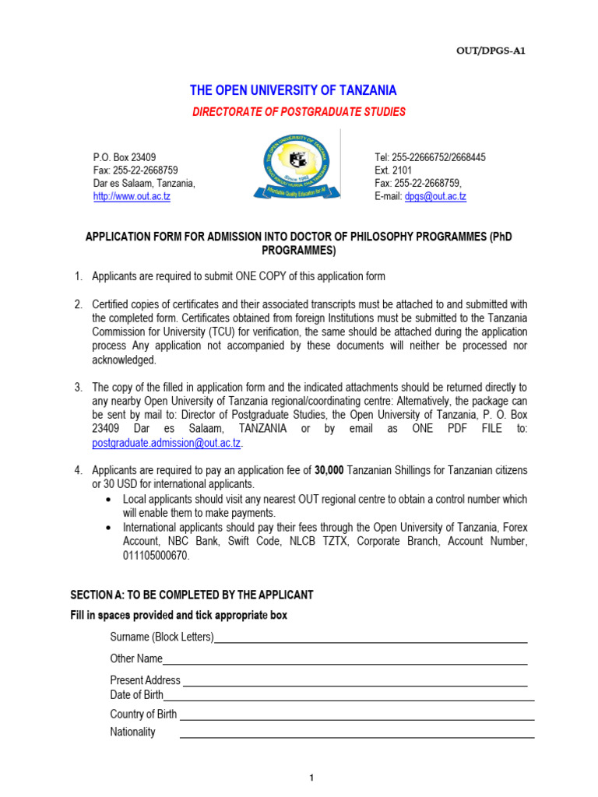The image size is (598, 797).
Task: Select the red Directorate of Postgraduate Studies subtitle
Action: [299, 112]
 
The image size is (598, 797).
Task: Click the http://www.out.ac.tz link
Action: [132, 197]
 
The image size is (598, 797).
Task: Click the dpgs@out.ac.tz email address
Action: [435, 197]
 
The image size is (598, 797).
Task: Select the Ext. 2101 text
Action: [395, 170]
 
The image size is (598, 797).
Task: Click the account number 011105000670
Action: [156, 556]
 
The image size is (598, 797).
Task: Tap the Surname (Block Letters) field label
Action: [162, 637]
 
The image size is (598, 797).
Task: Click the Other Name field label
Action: [136, 659]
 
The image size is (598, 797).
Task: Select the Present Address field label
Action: [145, 680]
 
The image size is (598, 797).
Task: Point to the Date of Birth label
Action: [137, 695]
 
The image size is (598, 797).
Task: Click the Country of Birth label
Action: [143, 714]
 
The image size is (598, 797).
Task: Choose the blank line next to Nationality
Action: [357, 736]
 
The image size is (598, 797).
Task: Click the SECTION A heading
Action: [192, 595]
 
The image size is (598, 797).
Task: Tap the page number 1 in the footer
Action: [311, 778]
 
